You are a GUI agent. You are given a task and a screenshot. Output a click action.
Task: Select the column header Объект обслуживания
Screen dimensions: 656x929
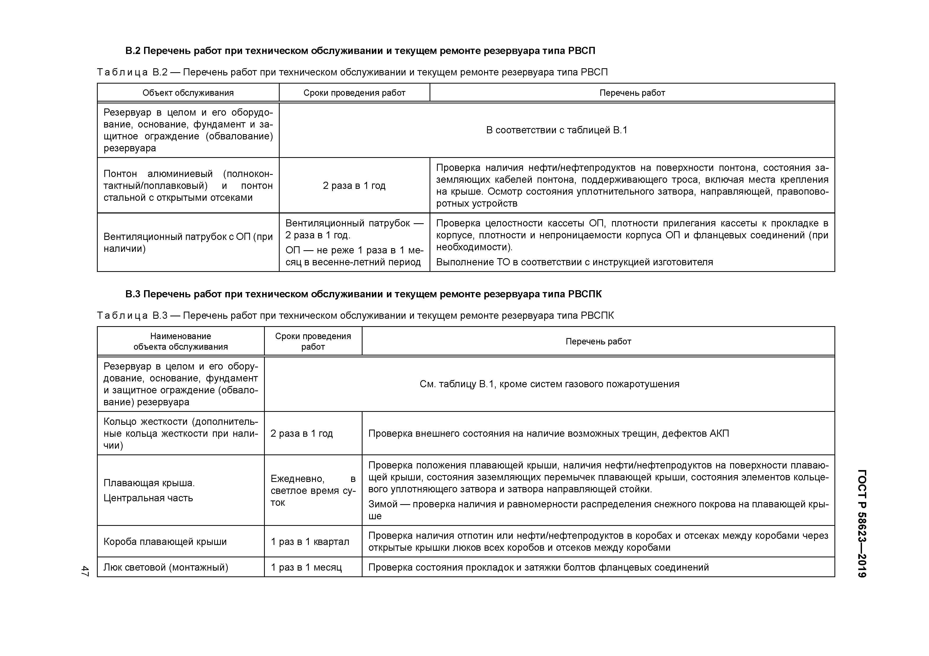(188, 93)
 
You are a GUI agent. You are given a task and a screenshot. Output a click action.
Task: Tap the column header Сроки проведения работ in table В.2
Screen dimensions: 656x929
(354, 93)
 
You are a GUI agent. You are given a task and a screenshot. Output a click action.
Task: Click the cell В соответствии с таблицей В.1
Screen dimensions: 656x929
(556, 130)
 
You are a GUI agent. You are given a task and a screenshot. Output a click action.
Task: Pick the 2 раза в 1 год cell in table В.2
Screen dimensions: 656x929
(354, 185)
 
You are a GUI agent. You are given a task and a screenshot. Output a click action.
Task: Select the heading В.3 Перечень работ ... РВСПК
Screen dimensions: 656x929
(363, 294)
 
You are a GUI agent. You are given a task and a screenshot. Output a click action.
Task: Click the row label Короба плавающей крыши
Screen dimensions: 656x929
(165, 542)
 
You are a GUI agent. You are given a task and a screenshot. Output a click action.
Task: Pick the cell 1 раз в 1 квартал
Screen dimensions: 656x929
(310, 542)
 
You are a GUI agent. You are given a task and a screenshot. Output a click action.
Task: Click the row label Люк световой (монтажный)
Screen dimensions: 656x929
(166, 567)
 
